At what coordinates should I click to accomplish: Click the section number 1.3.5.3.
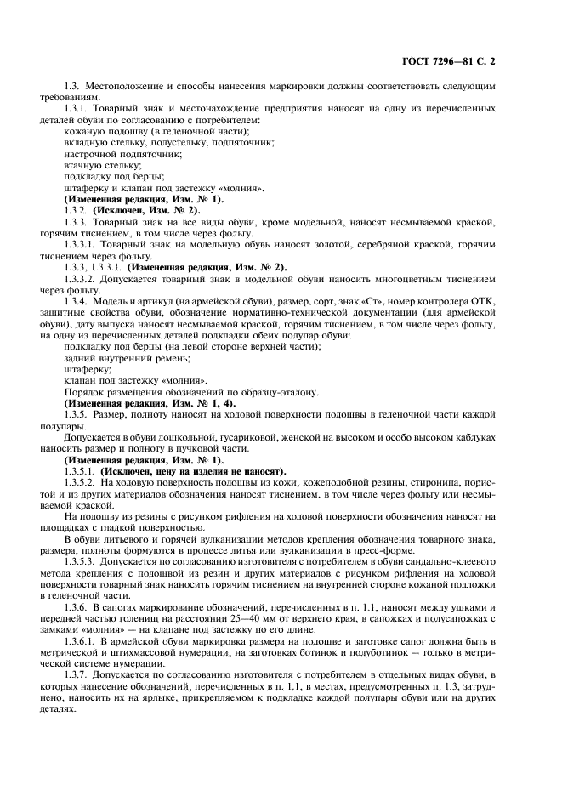tap(82, 562)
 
